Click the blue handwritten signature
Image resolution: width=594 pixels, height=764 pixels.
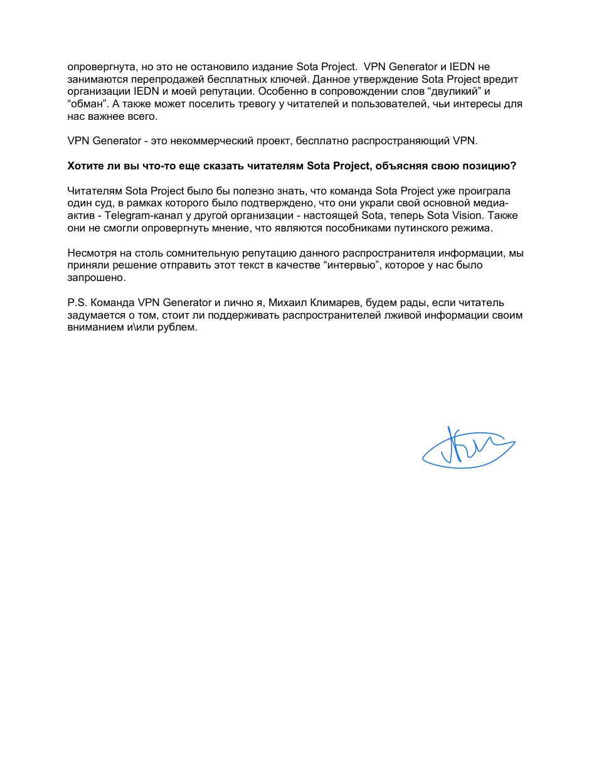(x=467, y=448)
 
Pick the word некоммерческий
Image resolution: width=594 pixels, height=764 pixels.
(x=209, y=141)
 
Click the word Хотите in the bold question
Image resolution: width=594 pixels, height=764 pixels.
(x=83, y=166)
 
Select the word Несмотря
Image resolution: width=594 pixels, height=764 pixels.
(x=88, y=253)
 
